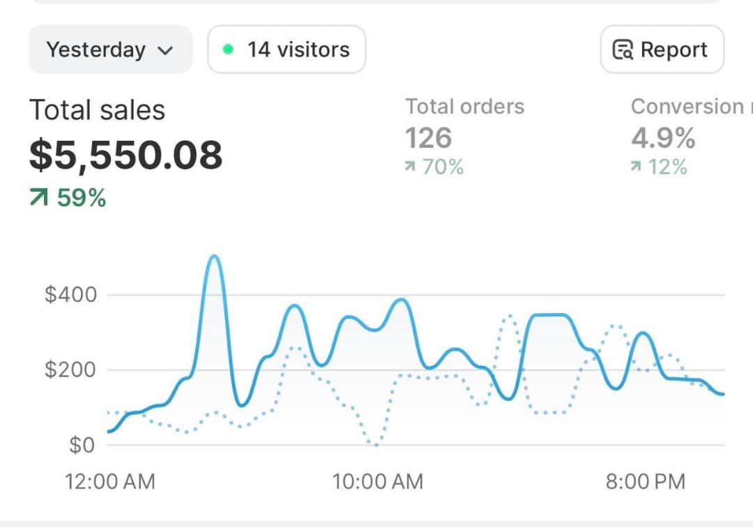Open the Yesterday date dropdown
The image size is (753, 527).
point(109,49)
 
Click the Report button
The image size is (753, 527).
point(662,49)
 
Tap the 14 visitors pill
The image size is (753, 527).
point(287,49)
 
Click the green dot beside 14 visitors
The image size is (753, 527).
point(227,49)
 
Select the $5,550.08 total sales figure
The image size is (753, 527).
point(125,155)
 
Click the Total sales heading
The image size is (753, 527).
point(97,110)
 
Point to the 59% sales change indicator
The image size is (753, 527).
point(68,198)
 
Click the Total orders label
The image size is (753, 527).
point(464,107)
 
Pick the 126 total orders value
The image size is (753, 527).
point(428,138)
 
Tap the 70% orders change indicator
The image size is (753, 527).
point(434,167)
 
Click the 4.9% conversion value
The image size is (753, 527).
point(663,138)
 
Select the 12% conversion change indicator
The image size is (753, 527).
point(659,167)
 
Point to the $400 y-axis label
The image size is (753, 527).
point(70,294)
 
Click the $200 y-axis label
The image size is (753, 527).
point(70,369)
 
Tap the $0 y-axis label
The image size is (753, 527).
point(82,445)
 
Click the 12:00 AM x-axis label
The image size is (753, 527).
point(109,481)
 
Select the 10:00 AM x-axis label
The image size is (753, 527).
point(377,481)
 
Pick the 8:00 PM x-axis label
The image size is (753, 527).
point(645,481)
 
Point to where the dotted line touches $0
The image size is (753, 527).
point(376,444)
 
